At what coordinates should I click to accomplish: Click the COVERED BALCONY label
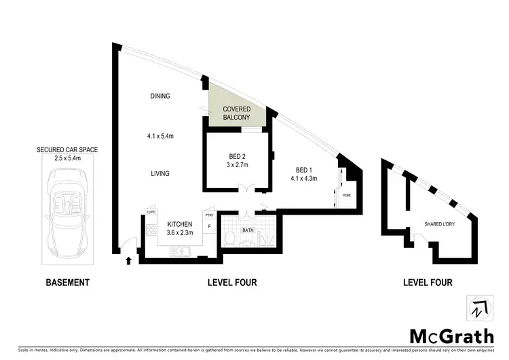tap(238, 113)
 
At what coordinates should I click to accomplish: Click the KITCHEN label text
tap(181, 224)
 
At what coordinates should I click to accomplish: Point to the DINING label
tap(160, 96)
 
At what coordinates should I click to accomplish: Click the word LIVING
tap(160, 174)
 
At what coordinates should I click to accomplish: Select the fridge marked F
tap(210, 226)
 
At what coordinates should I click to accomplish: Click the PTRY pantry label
tap(210, 215)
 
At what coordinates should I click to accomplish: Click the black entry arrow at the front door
tap(129, 259)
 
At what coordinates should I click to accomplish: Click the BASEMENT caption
tap(67, 282)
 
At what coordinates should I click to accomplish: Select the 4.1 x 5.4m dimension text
tap(161, 135)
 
